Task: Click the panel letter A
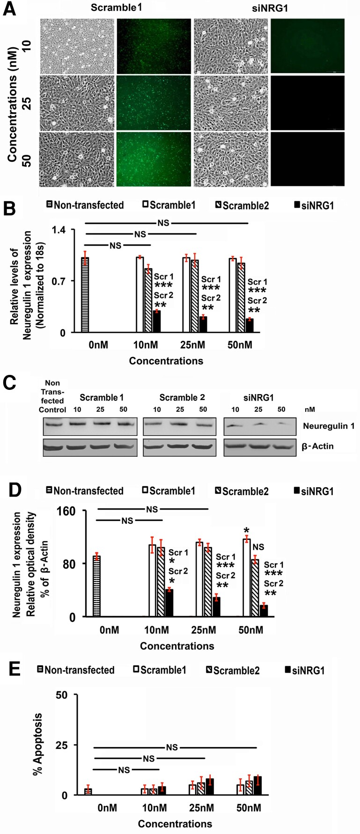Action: click(x=9, y=9)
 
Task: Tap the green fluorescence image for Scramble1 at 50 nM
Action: click(x=154, y=159)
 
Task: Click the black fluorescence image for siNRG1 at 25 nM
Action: click(x=308, y=102)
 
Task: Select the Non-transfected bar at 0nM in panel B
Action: click(x=85, y=294)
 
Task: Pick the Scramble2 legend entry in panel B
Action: click(x=242, y=205)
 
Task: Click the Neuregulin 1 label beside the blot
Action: click(x=328, y=426)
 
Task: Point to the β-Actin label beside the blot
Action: click(x=318, y=446)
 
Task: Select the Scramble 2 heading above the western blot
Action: click(x=182, y=397)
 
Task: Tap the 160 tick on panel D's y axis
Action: click(x=66, y=511)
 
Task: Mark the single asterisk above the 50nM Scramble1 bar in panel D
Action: click(x=246, y=530)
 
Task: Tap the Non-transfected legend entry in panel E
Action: click(x=75, y=670)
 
